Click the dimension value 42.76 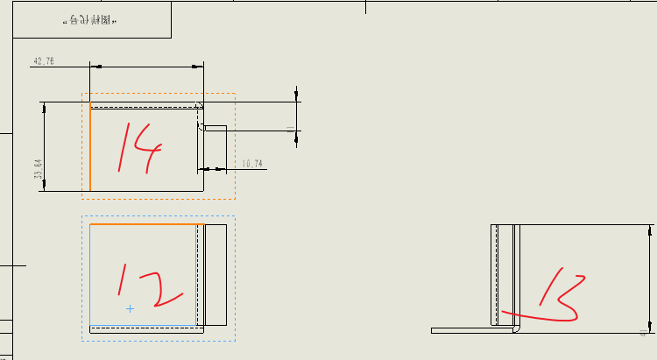point(44,61)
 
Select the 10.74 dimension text point(252,164)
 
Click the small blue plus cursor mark point(130,308)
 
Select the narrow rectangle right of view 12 point(215,275)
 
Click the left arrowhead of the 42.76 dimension point(95,67)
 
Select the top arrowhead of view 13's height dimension point(650,229)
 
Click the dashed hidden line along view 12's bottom point(145,328)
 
